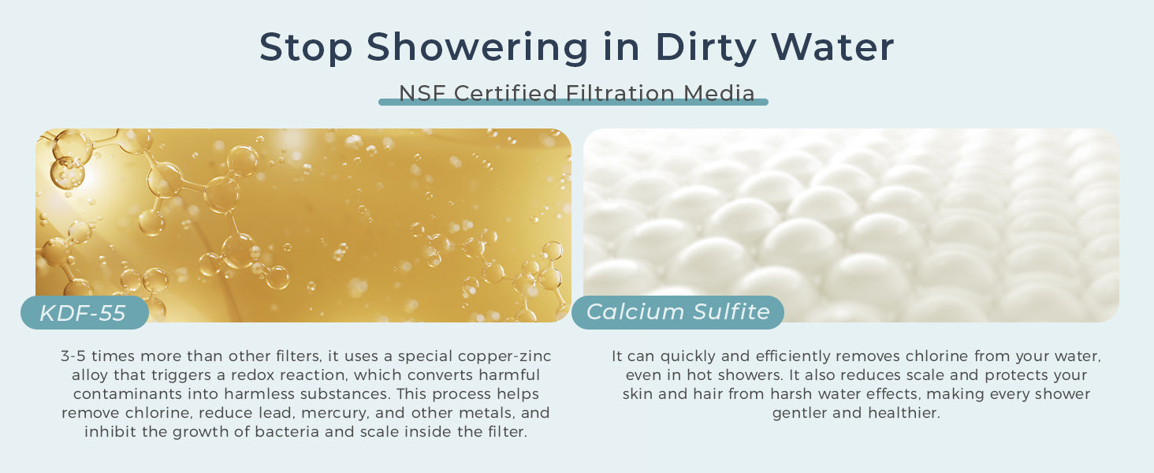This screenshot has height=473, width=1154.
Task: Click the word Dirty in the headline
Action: click(705, 47)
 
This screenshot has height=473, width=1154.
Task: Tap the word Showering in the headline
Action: click(477, 47)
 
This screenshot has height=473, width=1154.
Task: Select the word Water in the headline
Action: click(832, 47)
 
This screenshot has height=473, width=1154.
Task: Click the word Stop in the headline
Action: click(306, 47)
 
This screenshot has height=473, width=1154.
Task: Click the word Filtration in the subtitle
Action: click(620, 93)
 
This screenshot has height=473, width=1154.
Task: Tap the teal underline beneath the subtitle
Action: click(573, 102)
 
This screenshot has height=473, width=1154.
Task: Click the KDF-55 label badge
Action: click(84, 312)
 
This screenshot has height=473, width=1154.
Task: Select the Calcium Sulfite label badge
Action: click(678, 312)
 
